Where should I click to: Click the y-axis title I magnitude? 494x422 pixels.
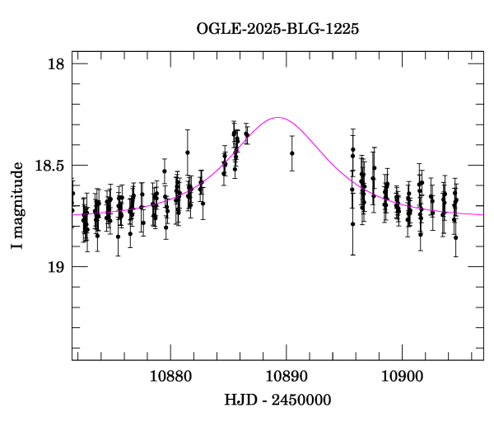pyautogui.click(x=17, y=206)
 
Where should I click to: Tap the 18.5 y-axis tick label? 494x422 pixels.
pyautogui.click(x=47, y=166)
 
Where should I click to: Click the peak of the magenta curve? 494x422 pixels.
pyautogui.click(x=278, y=117)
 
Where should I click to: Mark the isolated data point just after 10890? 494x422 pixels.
pyautogui.click(x=291, y=152)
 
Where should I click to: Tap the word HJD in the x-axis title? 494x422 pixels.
pyautogui.click(x=240, y=400)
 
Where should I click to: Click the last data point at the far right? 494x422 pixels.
pyautogui.click(x=455, y=237)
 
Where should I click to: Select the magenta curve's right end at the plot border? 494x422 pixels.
pyautogui.click(x=482, y=214)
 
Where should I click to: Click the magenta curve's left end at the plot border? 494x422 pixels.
pyautogui.click(x=72, y=214)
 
